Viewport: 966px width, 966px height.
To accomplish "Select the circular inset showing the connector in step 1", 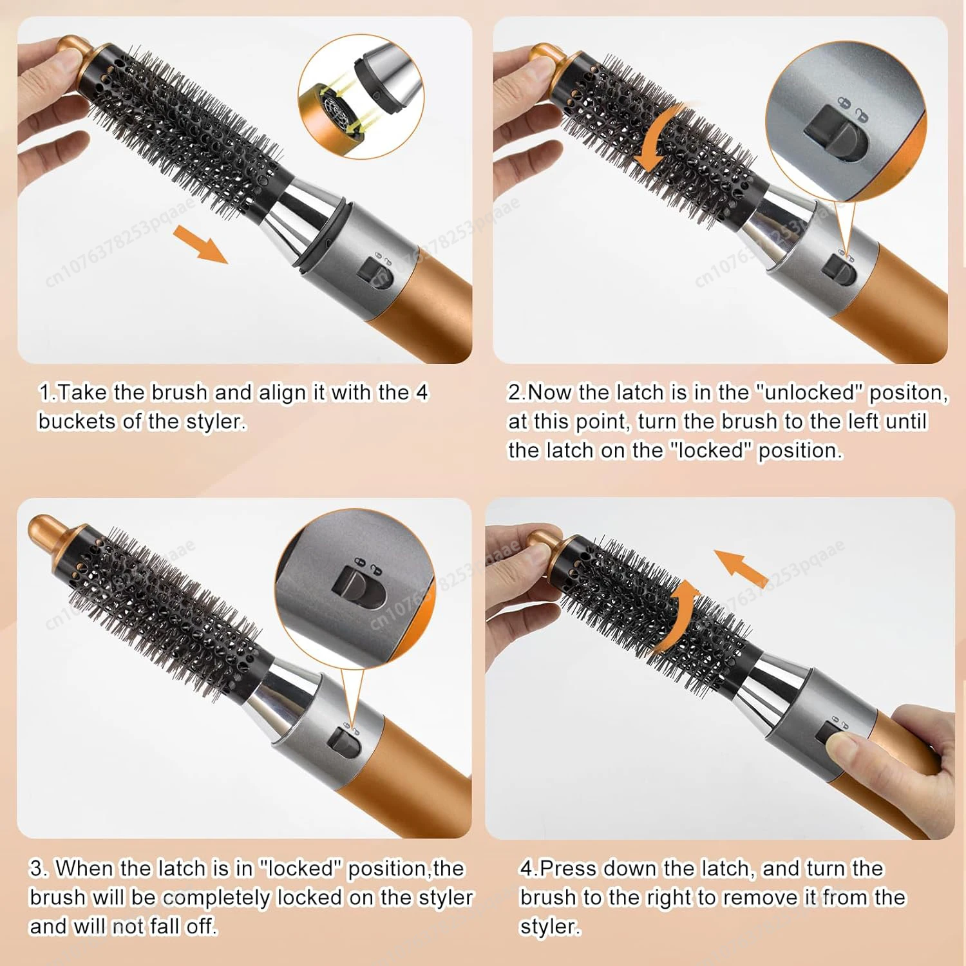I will point(361,97).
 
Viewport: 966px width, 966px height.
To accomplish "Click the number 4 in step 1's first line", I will point(422,392).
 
